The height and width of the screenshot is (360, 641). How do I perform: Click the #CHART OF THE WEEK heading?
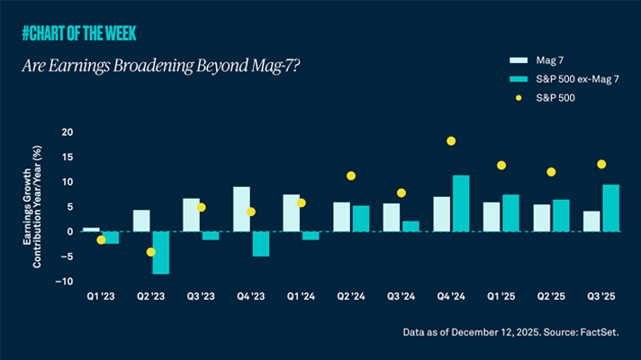point(85,35)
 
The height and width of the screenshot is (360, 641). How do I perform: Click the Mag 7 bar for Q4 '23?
point(241,209)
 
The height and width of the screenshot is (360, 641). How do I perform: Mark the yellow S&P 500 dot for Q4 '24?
point(451,140)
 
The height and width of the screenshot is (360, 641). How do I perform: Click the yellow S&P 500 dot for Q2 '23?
point(151,252)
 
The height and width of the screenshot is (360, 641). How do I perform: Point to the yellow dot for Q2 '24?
point(351,175)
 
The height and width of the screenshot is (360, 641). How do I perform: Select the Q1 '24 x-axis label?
point(302,295)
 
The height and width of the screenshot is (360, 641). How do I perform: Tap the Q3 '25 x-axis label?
point(600,295)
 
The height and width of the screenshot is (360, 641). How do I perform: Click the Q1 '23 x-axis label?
point(101,295)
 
